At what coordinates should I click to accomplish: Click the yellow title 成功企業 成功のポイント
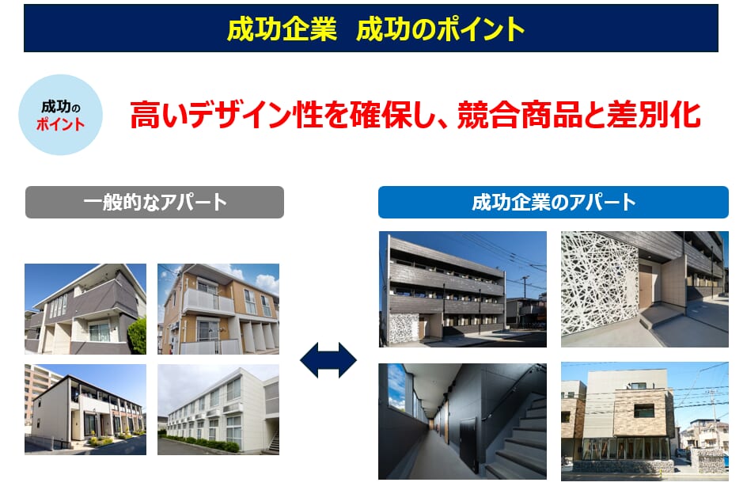[375, 28]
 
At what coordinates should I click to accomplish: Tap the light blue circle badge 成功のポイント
[60, 115]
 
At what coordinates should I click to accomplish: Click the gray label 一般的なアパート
[154, 202]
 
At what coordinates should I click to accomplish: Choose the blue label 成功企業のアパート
[553, 202]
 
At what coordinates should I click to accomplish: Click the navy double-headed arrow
[328, 360]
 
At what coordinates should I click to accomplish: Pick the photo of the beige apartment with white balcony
[218, 309]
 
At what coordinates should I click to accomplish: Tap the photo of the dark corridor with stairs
[462, 421]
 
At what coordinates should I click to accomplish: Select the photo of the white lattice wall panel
[645, 289]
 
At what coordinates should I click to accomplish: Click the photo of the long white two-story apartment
[218, 409]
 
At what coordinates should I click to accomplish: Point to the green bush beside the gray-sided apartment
[137, 336]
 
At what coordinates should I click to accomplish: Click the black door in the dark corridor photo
[468, 444]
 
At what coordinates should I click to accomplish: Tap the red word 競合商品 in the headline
[520, 115]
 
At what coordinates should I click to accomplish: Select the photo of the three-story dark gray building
[463, 289]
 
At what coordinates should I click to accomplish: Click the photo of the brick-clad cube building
[645, 421]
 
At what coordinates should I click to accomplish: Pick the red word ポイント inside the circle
[60, 124]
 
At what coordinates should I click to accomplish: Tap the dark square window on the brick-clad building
[644, 411]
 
